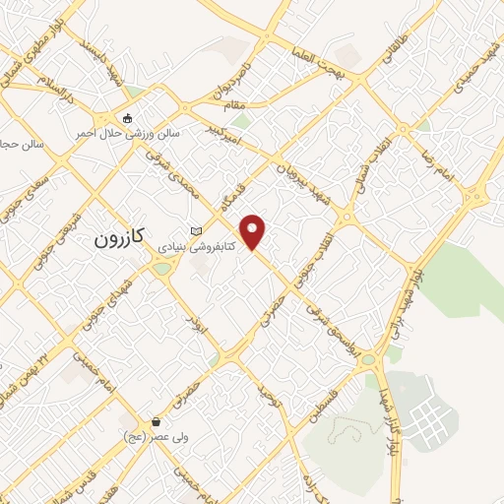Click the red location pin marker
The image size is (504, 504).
pyautogui.click(x=254, y=231)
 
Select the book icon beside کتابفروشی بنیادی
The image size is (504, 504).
pyautogui.click(x=196, y=230)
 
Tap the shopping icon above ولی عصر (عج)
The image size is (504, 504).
pyautogui.click(x=156, y=421)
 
